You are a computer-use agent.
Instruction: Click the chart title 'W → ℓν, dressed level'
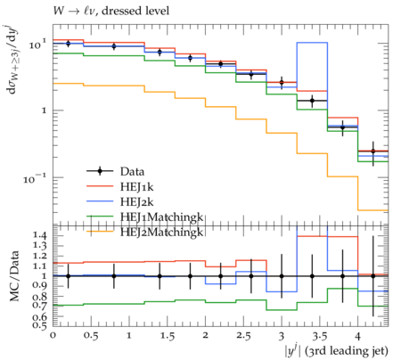click(111, 12)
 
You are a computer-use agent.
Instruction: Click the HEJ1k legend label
click(136, 186)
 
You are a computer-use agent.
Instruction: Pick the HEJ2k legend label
click(136, 201)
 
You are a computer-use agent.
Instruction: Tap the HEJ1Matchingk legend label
click(161, 217)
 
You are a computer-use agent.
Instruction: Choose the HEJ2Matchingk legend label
click(161, 232)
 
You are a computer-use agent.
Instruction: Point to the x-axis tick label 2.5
click(243, 336)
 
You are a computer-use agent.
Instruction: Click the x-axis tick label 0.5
click(91, 336)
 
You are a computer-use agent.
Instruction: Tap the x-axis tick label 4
click(357, 336)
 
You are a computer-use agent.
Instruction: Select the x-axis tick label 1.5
click(168, 336)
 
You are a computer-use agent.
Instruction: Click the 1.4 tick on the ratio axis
click(40, 236)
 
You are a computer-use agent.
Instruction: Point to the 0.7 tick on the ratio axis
click(40, 306)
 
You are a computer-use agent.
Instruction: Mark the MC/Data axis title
click(14, 276)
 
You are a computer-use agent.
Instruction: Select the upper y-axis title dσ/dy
click(13, 61)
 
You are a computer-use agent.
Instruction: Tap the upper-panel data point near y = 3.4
click(312, 101)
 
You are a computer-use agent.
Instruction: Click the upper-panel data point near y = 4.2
click(373, 151)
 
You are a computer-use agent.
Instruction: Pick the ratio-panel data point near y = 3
click(282, 276)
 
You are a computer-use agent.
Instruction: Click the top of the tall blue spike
click(312, 43)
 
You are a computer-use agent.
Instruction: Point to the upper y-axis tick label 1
click(45, 110)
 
